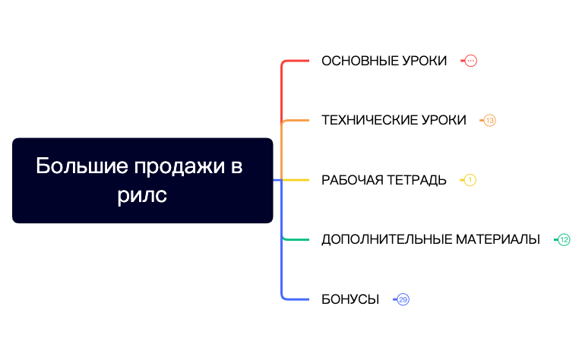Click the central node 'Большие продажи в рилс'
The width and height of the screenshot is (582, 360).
(x=142, y=180)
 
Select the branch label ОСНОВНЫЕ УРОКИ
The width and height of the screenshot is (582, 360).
(x=384, y=61)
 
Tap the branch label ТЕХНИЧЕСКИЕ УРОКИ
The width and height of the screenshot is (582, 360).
(x=394, y=120)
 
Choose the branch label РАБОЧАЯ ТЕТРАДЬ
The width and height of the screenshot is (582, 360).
(x=384, y=180)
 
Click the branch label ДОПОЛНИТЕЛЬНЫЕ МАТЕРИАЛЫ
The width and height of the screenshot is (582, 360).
(x=430, y=239)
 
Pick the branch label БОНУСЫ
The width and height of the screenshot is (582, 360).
(x=350, y=299)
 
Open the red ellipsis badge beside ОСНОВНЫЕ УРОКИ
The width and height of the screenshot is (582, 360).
(x=470, y=61)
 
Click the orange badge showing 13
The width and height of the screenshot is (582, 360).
(x=489, y=120)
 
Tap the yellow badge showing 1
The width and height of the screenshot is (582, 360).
(x=470, y=180)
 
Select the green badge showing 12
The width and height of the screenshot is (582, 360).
(x=564, y=239)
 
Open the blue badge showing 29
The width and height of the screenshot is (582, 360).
(x=403, y=299)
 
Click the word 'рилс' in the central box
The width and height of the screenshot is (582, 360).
(x=142, y=195)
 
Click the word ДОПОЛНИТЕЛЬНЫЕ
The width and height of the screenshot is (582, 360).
(x=386, y=239)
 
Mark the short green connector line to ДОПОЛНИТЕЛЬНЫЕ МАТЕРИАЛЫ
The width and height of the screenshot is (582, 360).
(x=296, y=239)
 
